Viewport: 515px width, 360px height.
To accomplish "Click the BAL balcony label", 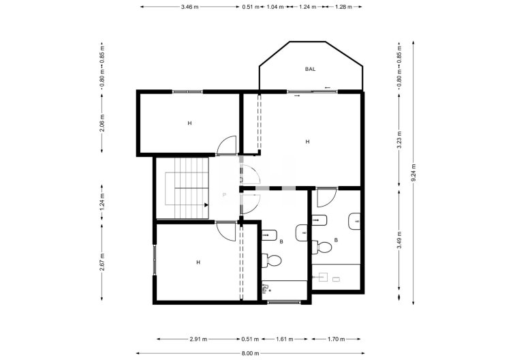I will pos(310,69).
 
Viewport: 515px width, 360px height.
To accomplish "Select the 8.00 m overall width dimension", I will pos(251,353).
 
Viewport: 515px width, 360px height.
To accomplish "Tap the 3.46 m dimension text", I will pos(190,7).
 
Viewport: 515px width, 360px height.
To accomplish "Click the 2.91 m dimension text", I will pos(199,339).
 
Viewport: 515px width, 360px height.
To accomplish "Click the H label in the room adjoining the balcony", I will pos(307,142).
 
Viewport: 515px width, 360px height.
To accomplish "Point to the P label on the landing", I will pos(224,196).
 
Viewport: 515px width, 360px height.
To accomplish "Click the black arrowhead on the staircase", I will pos(204,204).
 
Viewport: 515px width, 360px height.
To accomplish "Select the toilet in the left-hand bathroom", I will pos(273,260).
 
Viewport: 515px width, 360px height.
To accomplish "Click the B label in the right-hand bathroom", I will pos(336,240).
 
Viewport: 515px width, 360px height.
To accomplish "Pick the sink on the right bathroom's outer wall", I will pos(355,222).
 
